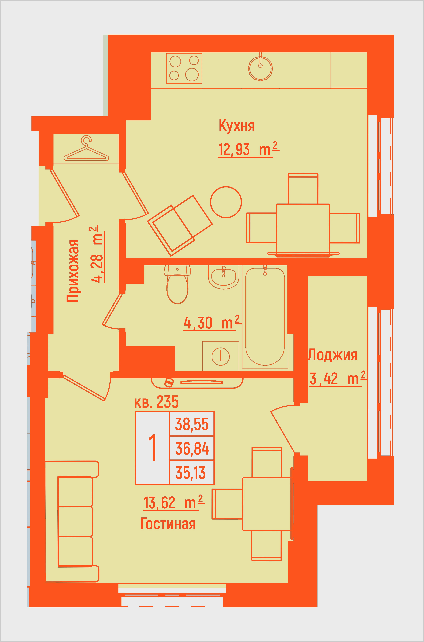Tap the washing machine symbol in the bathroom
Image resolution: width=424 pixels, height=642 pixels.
[x=221, y=356]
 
